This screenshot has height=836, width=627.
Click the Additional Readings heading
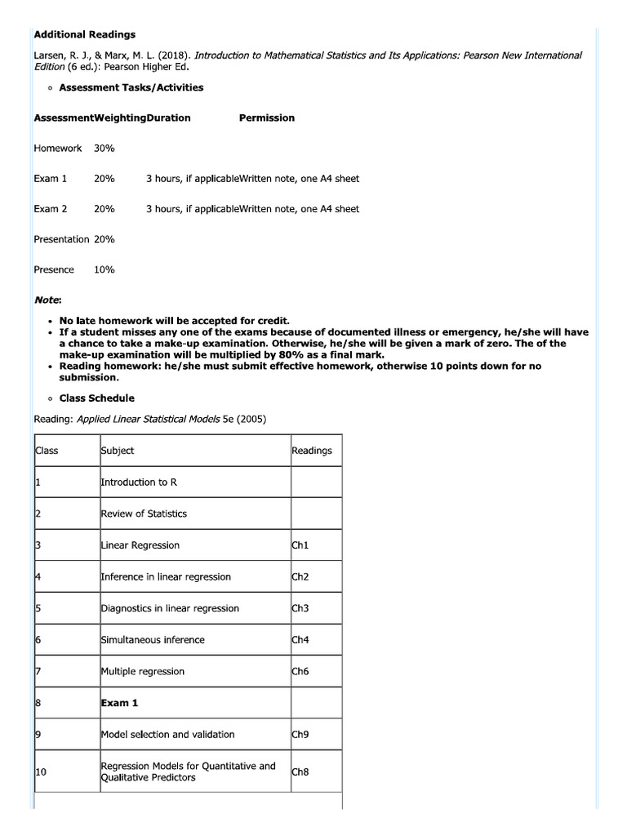click(85, 34)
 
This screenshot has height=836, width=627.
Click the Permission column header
click(266, 118)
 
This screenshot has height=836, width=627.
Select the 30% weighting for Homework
click(104, 148)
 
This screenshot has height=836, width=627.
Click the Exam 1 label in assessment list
click(51, 178)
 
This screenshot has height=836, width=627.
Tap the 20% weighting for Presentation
click(104, 239)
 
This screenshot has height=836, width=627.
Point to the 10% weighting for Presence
click(104, 269)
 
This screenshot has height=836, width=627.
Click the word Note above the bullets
click(47, 300)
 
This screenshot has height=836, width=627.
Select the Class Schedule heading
click(97, 398)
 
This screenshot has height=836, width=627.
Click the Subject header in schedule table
click(118, 450)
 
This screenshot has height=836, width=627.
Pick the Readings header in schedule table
click(311, 450)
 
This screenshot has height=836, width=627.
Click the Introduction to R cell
click(139, 482)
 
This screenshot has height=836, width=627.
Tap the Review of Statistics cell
click(144, 514)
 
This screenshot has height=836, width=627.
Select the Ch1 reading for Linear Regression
click(300, 545)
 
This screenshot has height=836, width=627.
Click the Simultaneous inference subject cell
click(153, 639)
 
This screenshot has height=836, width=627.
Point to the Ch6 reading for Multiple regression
click(300, 671)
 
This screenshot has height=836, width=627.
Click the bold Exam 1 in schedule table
click(118, 702)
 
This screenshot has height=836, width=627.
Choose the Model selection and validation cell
click(167, 734)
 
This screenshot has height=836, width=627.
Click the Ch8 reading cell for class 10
click(300, 772)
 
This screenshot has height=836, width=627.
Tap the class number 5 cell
click(38, 608)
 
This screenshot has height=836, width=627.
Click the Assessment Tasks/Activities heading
click(131, 87)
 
